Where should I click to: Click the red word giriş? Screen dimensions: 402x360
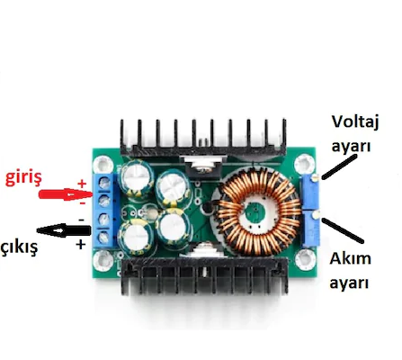pyautogui.click(x=23, y=177)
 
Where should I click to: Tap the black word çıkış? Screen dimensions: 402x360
pyautogui.click(x=19, y=247)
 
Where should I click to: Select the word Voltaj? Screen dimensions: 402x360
pyautogui.click(x=355, y=122)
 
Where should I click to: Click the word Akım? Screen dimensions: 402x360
pyautogui.click(x=350, y=258)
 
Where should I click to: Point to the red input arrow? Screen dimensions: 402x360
pyautogui.click(x=66, y=194)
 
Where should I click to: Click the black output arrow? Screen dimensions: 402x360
pyautogui.click(x=64, y=230)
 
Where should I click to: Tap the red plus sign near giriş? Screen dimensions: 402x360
pyautogui.click(x=82, y=184)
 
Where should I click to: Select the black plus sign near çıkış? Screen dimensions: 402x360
pyautogui.click(x=80, y=245)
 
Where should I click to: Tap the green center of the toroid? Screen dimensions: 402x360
pyautogui.click(x=254, y=213)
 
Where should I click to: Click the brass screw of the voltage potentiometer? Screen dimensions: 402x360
pyautogui.click(x=314, y=178)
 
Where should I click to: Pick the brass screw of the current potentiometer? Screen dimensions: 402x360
pyautogui.click(x=315, y=215)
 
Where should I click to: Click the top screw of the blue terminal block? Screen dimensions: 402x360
pyautogui.click(x=104, y=182)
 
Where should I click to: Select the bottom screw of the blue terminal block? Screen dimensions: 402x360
pyautogui.click(x=104, y=238)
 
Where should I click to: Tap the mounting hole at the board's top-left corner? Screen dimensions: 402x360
pyautogui.click(x=103, y=165)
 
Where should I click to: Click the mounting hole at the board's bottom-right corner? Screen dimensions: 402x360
pyautogui.click(x=305, y=258)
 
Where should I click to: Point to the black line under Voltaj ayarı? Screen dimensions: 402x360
pyautogui.click(x=340, y=166)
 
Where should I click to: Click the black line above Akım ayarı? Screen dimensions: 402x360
pyautogui.click(x=343, y=230)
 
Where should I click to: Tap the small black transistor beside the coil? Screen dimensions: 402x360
pyautogui.click(x=207, y=208)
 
